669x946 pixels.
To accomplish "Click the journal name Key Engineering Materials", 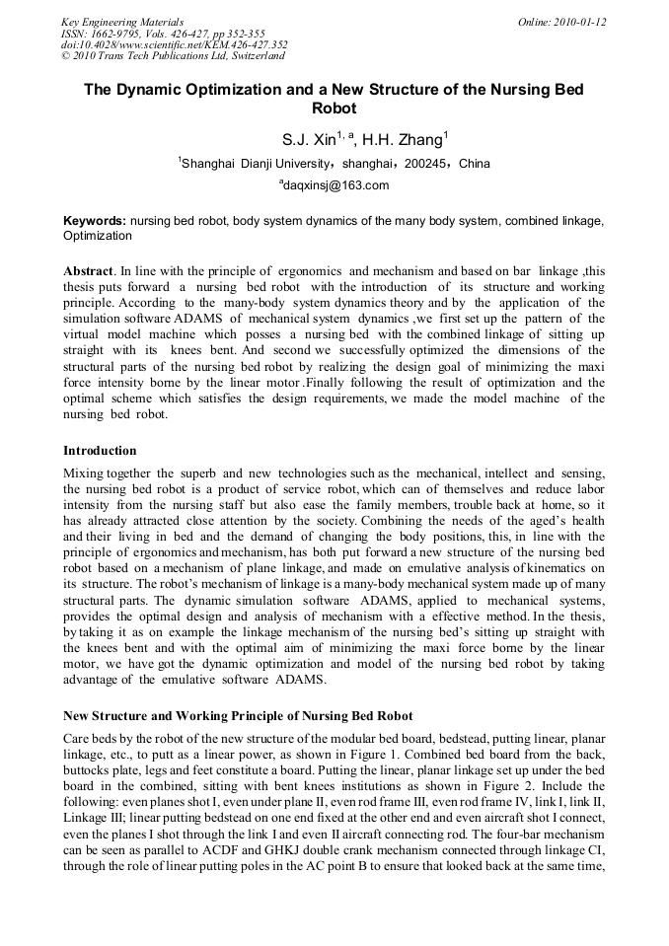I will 121,21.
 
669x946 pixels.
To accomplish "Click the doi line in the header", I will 174,44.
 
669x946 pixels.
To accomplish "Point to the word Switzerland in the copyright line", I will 254,56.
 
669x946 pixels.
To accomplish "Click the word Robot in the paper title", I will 334,108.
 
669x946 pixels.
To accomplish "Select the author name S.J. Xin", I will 309,140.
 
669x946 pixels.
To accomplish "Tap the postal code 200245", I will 424,164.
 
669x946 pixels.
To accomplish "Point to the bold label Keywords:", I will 95,222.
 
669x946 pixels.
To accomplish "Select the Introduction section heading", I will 100,451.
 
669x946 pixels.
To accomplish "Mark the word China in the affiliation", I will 475,164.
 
